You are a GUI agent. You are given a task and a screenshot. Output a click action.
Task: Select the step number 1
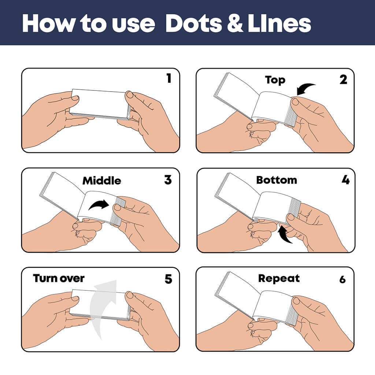click(168, 78)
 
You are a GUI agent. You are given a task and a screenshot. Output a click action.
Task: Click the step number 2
click(343, 79)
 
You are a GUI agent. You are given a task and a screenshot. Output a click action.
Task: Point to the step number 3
click(168, 180)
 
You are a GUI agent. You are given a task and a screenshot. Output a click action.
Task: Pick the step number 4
click(345, 180)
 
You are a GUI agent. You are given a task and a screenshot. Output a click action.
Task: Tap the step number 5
click(168, 279)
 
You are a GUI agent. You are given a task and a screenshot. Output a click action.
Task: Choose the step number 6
click(342, 279)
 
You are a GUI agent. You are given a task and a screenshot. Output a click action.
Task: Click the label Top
click(275, 80)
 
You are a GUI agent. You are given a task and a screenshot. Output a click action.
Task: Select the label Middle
click(101, 181)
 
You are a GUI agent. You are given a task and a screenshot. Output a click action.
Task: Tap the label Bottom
click(276, 180)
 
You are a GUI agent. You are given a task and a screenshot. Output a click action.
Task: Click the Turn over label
click(59, 278)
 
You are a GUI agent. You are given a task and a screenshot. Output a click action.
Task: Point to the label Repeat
click(279, 278)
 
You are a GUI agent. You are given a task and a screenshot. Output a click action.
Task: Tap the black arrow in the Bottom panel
click(285, 234)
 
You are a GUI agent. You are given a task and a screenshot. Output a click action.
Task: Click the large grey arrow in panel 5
click(105, 308)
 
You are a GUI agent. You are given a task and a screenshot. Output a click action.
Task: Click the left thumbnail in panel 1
click(75, 98)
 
